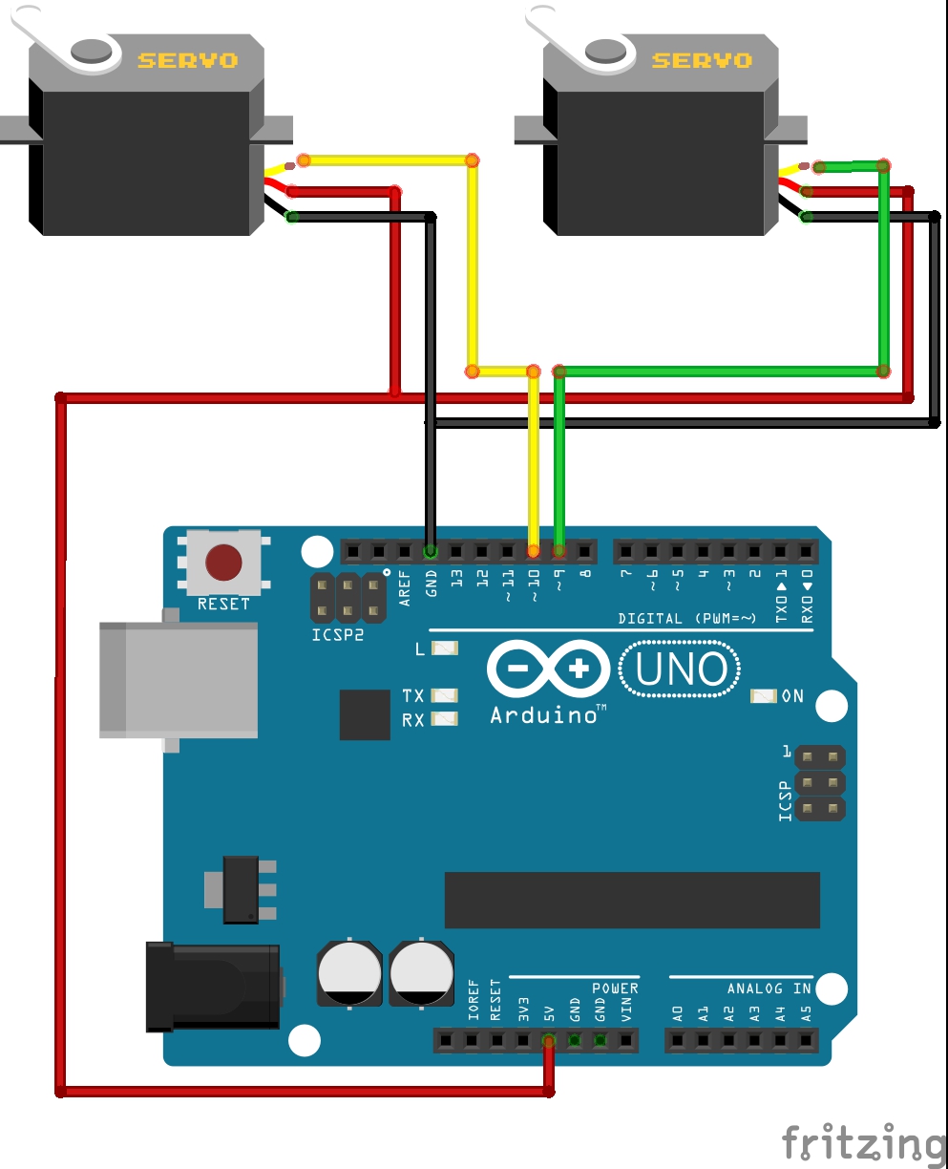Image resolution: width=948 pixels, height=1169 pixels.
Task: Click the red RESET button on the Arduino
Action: pyautogui.click(x=224, y=563)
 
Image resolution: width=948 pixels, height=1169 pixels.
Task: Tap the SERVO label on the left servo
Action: pyautogui.click(x=187, y=60)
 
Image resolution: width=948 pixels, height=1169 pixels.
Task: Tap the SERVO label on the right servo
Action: pyautogui.click(x=702, y=60)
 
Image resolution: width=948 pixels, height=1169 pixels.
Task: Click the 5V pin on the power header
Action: pyautogui.click(x=549, y=1040)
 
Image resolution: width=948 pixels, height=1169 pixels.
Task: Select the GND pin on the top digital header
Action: pyautogui.click(x=431, y=551)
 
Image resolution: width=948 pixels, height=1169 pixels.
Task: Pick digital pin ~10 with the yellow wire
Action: pyautogui.click(x=533, y=551)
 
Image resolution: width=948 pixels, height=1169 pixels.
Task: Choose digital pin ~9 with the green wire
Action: pyautogui.click(x=558, y=551)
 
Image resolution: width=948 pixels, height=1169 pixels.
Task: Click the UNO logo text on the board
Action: pyautogui.click(x=680, y=670)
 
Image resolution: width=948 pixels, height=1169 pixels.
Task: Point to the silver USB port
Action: pyautogui.click(x=179, y=679)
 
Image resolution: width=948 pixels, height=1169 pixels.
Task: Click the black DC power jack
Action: pyautogui.click(x=212, y=987)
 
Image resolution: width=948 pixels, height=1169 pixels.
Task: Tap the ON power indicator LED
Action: pyautogui.click(x=763, y=696)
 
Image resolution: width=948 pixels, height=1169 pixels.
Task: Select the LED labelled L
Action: pyautogui.click(x=445, y=648)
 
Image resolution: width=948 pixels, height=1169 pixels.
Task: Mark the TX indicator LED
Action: pyautogui.click(x=445, y=695)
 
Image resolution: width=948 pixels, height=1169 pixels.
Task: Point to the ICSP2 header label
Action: pyautogui.click(x=337, y=633)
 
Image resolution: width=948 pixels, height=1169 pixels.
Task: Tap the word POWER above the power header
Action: pyautogui.click(x=615, y=988)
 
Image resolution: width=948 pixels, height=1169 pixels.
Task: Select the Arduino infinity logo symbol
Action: pyautogui.click(x=548, y=668)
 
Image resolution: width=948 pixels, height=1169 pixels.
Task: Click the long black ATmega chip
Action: pyautogui.click(x=632, y=900)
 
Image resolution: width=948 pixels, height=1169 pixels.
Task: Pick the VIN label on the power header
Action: pyautogui.click(x=626, y=1011)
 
